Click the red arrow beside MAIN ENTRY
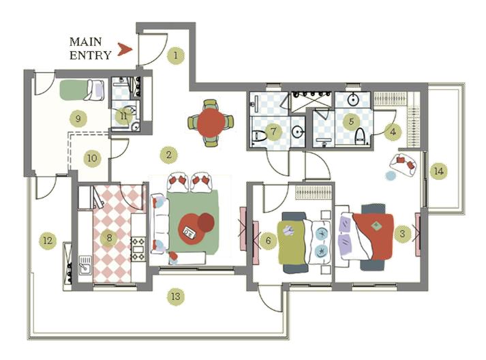pyautogui.click(x=123, y=49)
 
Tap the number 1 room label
pyautogui.click(x=177, y=55)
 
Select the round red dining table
pyautogui.click(x=210, y=123)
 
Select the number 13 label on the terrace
pyautogui.click(x=176, y=297)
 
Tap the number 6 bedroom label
pyautogui.click(x=268, y=240)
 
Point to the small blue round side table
pyautogui.click(x=391, y=176)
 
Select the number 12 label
pyautogui.click(x=47, y=241)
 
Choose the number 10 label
pyautogui.click(x=92, y=159)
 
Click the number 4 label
pyautogui.click(x=392, y=132)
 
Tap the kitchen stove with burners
pyautogui.click(x=137, y=248)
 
